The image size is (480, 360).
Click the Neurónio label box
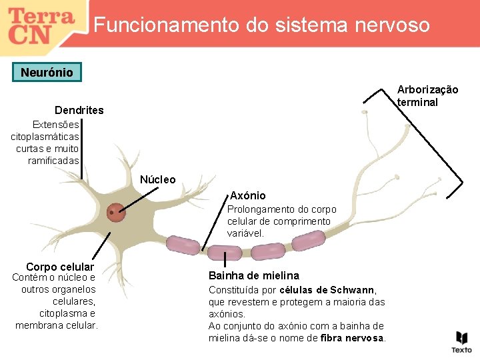47,72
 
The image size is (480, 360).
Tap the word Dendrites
79,110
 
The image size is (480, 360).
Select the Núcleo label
158,179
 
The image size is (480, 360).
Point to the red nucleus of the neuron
117,213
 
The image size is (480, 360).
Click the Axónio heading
248,195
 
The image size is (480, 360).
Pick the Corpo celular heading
60,267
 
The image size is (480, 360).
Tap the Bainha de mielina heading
254,275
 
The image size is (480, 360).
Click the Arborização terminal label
427,96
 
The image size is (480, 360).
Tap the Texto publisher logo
461,341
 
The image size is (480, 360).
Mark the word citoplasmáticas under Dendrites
45,137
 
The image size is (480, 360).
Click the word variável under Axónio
245,233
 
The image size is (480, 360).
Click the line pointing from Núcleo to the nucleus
142,198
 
